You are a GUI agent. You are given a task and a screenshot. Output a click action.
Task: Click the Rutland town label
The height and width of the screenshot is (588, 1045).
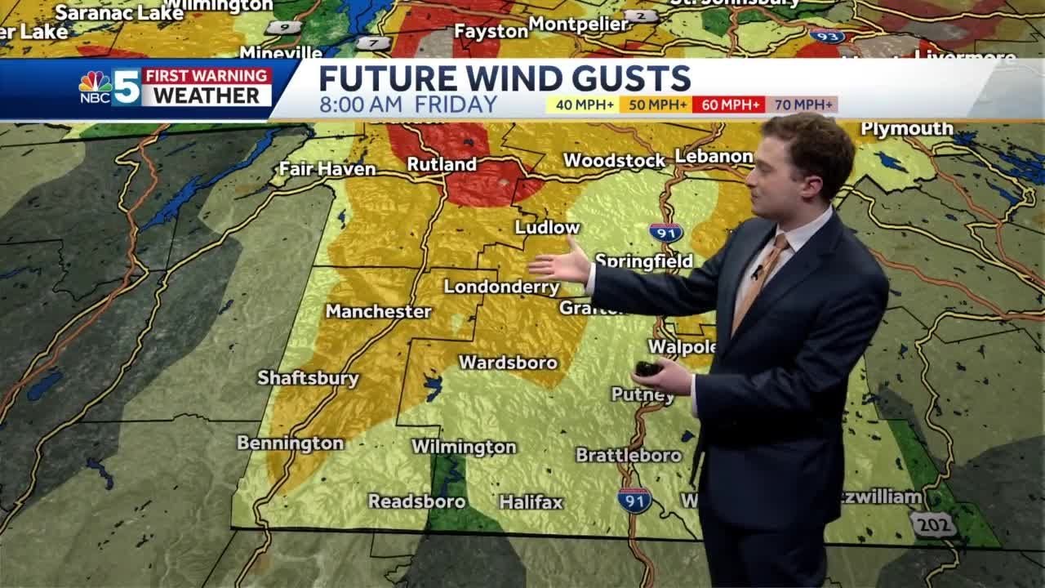point(442,164)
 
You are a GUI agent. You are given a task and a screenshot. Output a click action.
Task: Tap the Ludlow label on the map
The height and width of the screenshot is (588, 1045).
point(547,227)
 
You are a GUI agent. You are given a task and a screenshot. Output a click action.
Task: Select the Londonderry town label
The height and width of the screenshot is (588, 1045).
point(501,287)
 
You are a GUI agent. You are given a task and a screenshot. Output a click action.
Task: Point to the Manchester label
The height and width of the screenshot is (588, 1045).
point(378,311)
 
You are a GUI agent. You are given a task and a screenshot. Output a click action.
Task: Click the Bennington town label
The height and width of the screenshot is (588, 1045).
point(290,443)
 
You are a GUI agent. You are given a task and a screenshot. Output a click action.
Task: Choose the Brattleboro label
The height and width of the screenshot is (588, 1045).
point(628,455)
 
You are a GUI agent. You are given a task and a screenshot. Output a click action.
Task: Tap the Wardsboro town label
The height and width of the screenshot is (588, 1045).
point(508,362)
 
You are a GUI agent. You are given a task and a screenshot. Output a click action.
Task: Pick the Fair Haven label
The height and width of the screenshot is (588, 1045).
point(327,169)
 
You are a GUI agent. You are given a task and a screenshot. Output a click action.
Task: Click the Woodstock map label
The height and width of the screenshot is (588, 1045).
point(614,160)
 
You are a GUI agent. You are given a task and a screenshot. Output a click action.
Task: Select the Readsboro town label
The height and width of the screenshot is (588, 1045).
point(416,501)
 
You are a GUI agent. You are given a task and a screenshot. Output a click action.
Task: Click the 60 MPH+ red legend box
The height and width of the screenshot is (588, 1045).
point(728,105)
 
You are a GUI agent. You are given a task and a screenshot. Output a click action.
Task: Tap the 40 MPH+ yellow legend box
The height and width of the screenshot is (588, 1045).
point(582,105)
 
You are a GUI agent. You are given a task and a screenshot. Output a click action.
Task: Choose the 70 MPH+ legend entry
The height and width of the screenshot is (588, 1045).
point(802,105)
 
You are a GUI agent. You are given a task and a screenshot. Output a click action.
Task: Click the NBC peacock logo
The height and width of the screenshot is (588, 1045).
point(95,82)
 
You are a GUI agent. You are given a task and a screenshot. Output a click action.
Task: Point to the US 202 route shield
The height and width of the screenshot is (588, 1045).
point(932,524)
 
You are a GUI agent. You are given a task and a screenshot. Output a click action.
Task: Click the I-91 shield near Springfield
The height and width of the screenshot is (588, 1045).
point(665,232)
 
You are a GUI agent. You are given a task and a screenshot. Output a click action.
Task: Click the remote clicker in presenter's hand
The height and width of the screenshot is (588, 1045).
point(648,369)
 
